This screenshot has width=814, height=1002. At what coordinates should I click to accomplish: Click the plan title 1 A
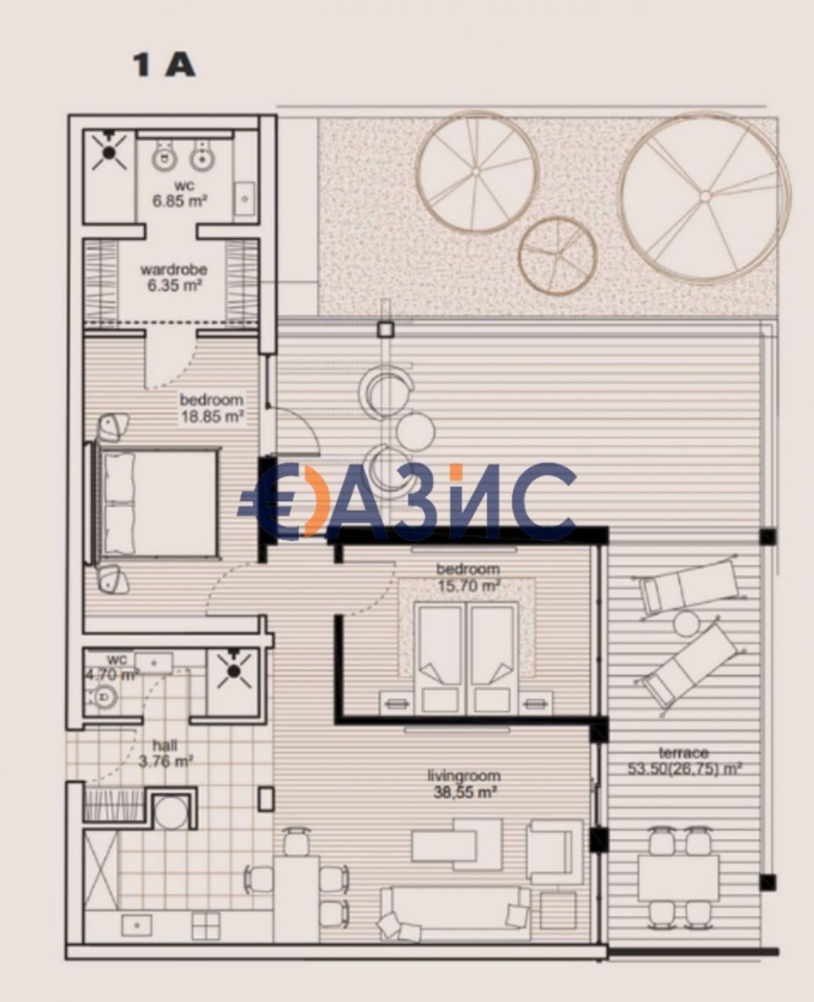point(164,66)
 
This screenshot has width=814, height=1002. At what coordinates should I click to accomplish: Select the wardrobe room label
point(173,269)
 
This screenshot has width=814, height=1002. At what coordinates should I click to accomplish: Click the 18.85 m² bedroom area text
point(212,416)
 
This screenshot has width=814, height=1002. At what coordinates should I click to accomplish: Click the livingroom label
point(464,776)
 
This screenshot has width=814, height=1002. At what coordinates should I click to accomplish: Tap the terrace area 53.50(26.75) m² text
point(685,769)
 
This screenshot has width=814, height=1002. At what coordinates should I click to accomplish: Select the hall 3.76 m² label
point(165,752)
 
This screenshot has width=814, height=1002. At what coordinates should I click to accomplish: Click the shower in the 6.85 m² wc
point(109,150)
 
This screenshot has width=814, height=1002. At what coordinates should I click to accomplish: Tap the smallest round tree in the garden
point(557,255)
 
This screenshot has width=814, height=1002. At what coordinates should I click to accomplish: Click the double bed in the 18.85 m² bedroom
point(157,504)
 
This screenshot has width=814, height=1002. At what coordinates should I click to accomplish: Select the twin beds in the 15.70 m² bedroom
point(468,656)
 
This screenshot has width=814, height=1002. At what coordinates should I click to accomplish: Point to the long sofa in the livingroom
point(449,911)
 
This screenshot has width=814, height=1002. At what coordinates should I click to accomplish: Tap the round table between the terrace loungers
point(686,624)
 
